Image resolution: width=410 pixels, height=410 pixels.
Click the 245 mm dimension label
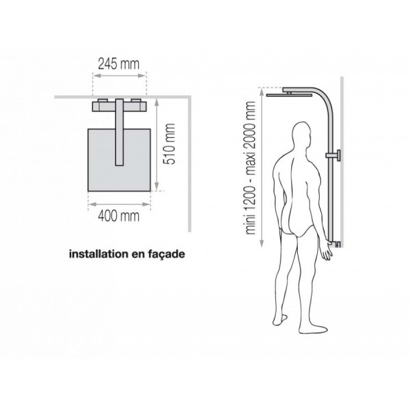pyautogui.click(x=118, y=66)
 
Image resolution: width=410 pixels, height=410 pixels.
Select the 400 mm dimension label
pyautogui.click(x=118, y=217)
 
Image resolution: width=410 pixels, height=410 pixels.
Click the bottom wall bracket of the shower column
pyautogui.click(x=337, y=244)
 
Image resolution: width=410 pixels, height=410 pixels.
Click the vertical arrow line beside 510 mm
pyautogui.click(x=158, y=144)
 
